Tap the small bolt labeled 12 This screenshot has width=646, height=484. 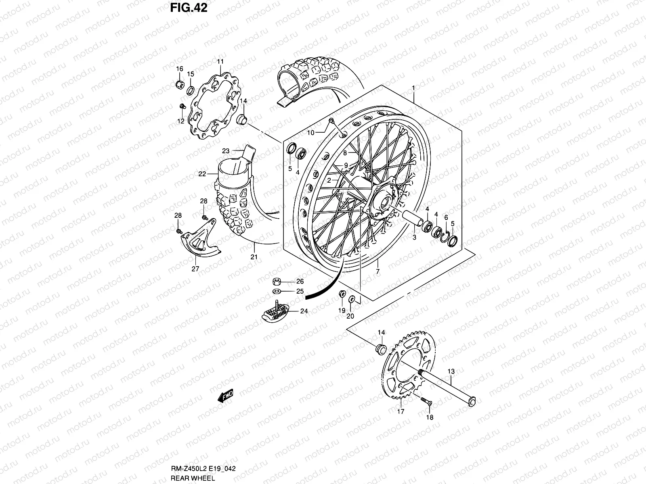[182, 107]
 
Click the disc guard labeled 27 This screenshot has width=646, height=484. [199, 245]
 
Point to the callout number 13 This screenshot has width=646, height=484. [451, 371]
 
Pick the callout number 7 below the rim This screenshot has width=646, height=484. [378, 272]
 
